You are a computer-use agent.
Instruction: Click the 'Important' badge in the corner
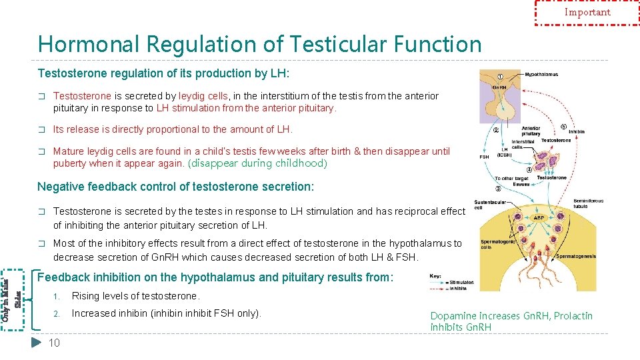tap(587, 12)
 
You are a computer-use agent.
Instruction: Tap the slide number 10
tap(54, 343)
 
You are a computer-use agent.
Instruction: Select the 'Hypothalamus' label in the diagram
tap(541, 75)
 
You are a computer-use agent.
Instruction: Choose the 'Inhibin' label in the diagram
tap(576, 132)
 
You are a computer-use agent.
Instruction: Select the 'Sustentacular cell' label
tap(488, 203)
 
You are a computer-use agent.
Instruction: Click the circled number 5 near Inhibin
tap(564, 127)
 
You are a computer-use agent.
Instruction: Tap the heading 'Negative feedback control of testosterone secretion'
tap(175, 187)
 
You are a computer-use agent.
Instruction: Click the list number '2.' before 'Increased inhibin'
tap(57, 313)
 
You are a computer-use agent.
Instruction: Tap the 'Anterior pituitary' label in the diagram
tap(531, 131)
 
